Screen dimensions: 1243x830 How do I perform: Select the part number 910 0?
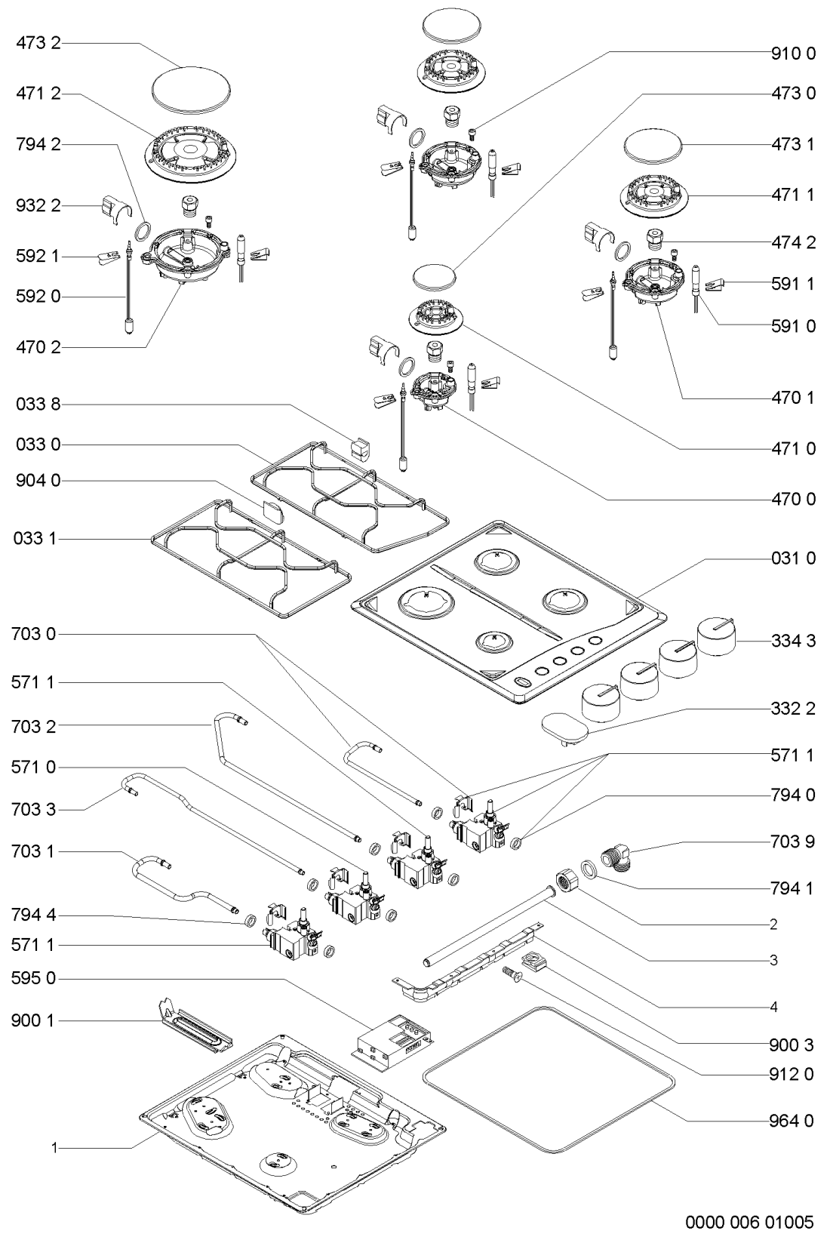click(792, 54)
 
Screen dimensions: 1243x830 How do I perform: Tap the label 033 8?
click(38, 405)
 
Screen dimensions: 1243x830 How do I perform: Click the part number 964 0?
click(792, 1120)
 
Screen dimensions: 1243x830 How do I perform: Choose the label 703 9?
click(792, 841)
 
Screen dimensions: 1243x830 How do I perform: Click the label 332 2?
click(792, 710)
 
